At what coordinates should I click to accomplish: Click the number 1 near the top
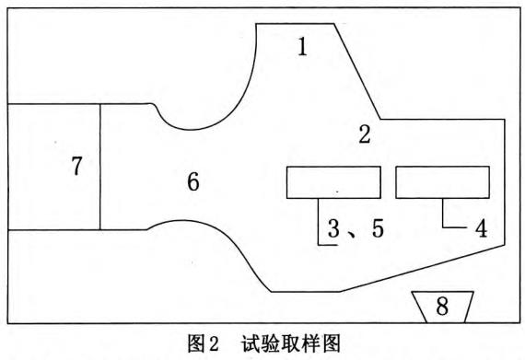(302, 46)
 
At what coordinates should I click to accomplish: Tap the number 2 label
(365, 135)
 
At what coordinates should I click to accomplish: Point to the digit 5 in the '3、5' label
(378, 229)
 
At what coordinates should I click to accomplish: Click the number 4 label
(480, 227)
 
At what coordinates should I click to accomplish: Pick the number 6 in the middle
(193, 181)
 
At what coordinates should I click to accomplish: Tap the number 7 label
(76, 167)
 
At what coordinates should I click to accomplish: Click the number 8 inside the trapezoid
(442, 307)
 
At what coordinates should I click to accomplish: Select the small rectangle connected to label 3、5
(333, 181)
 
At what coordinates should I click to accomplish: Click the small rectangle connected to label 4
(442, 181)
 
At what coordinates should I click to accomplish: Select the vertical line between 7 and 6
(99, 167)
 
